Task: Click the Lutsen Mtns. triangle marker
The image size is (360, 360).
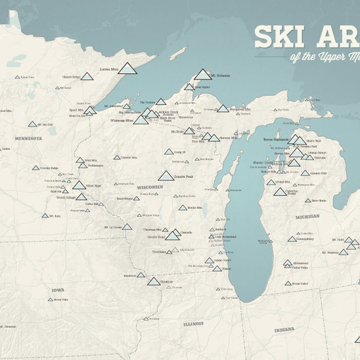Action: [x=127, y=68]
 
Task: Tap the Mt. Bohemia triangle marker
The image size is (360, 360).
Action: [x=203, y=75]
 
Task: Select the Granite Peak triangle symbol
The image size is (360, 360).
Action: [x=166, y=176]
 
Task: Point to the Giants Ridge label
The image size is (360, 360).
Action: [x=71, y=77]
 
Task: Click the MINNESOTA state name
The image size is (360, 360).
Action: [x=28, y=138]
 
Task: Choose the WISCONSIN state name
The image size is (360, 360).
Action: [x=151, y=187]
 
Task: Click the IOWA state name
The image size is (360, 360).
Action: [x=58, y=290]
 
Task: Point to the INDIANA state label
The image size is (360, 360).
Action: [x=284, y=329]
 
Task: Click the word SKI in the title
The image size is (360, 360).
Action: [x=275, y=37]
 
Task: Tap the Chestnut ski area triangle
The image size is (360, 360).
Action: [x=154, y=281]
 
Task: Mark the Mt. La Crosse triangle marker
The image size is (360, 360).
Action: [x=127, y=227]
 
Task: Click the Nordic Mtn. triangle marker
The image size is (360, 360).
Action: [x=183, y=208]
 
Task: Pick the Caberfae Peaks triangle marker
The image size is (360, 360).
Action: [x=280, y=192]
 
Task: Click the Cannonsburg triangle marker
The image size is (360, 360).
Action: [x=292, y=239]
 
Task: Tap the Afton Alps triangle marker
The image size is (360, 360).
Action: [x=79, y=185]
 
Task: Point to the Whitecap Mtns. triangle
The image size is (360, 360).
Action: [x=141, y=120]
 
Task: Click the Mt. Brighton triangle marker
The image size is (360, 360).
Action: [x=343, y=253]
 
